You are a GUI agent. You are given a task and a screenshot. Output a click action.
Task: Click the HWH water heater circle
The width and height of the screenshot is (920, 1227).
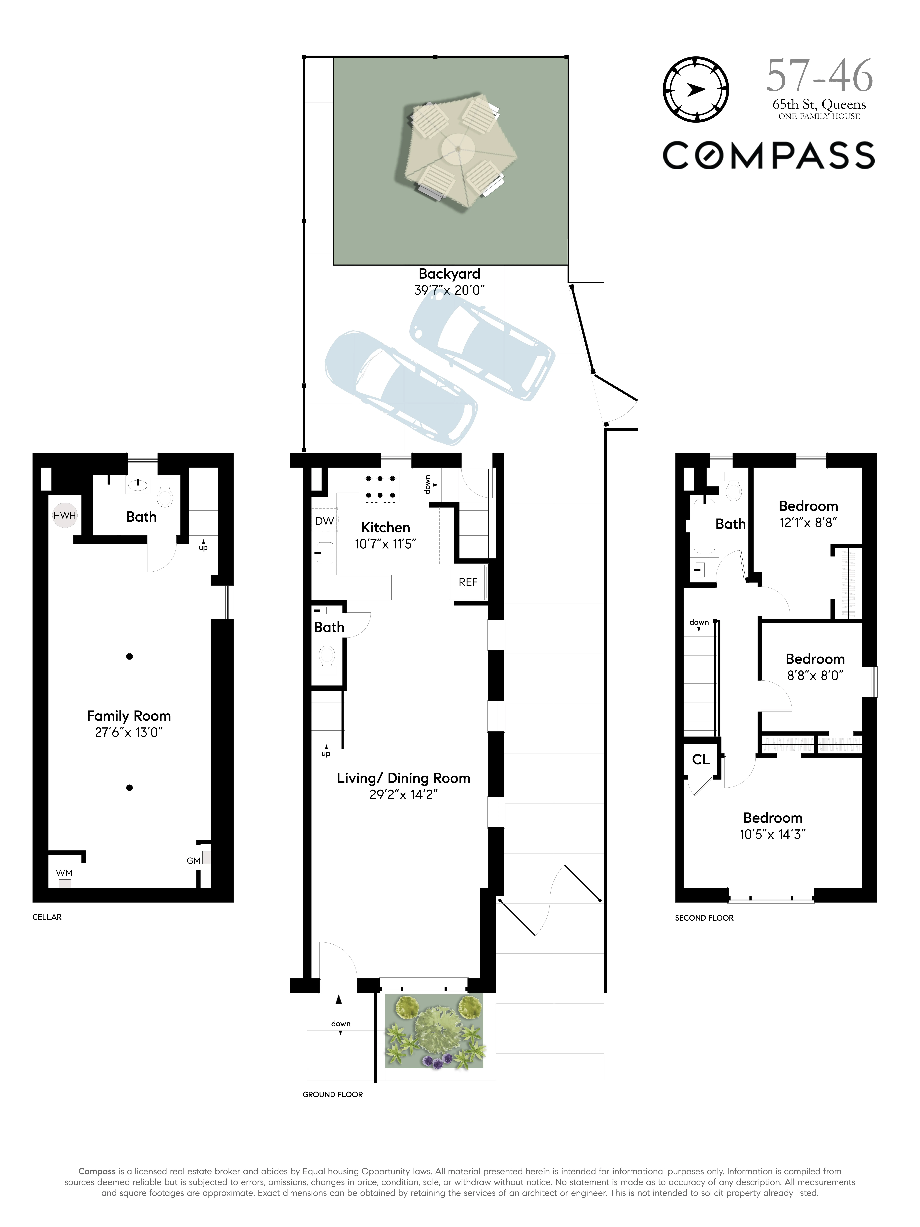click(x=64, y=515)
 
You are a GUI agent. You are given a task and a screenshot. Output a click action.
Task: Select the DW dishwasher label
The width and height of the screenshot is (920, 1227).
click(x=324, y=521)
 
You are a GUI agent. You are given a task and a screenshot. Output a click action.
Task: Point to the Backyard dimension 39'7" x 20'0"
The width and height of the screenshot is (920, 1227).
click(x=449, y=290)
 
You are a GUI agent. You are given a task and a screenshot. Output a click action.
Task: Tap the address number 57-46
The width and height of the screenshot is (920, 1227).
click(x=819, y=77)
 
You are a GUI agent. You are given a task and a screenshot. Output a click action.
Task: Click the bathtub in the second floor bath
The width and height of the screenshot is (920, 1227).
click(x=704, y=525)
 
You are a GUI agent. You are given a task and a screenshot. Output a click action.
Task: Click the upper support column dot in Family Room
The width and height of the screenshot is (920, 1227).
click(x=129, y=656)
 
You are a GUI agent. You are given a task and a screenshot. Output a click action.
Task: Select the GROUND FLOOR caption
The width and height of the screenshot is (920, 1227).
click(x=332, y=1094)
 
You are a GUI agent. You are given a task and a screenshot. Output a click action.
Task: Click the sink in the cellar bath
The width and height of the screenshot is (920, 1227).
click(x=137, y=486)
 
